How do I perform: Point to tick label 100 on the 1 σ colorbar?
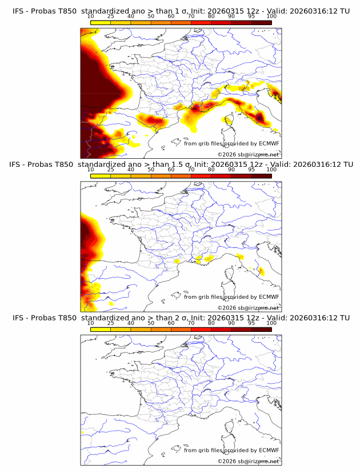(x=271, y=17)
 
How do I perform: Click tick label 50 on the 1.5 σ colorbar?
(x=151, y=170)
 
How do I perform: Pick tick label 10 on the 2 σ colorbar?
(x=90, y=323)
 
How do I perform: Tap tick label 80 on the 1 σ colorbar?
(x=211, y=17)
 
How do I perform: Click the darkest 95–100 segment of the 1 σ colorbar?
(x=262, y=23)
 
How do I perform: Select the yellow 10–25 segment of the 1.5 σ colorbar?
(x=101, y=176)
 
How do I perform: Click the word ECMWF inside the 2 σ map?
(x=269, y=450)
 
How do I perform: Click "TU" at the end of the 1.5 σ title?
(x=345, y=165)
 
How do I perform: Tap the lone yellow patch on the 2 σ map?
(x=83, y=433)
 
